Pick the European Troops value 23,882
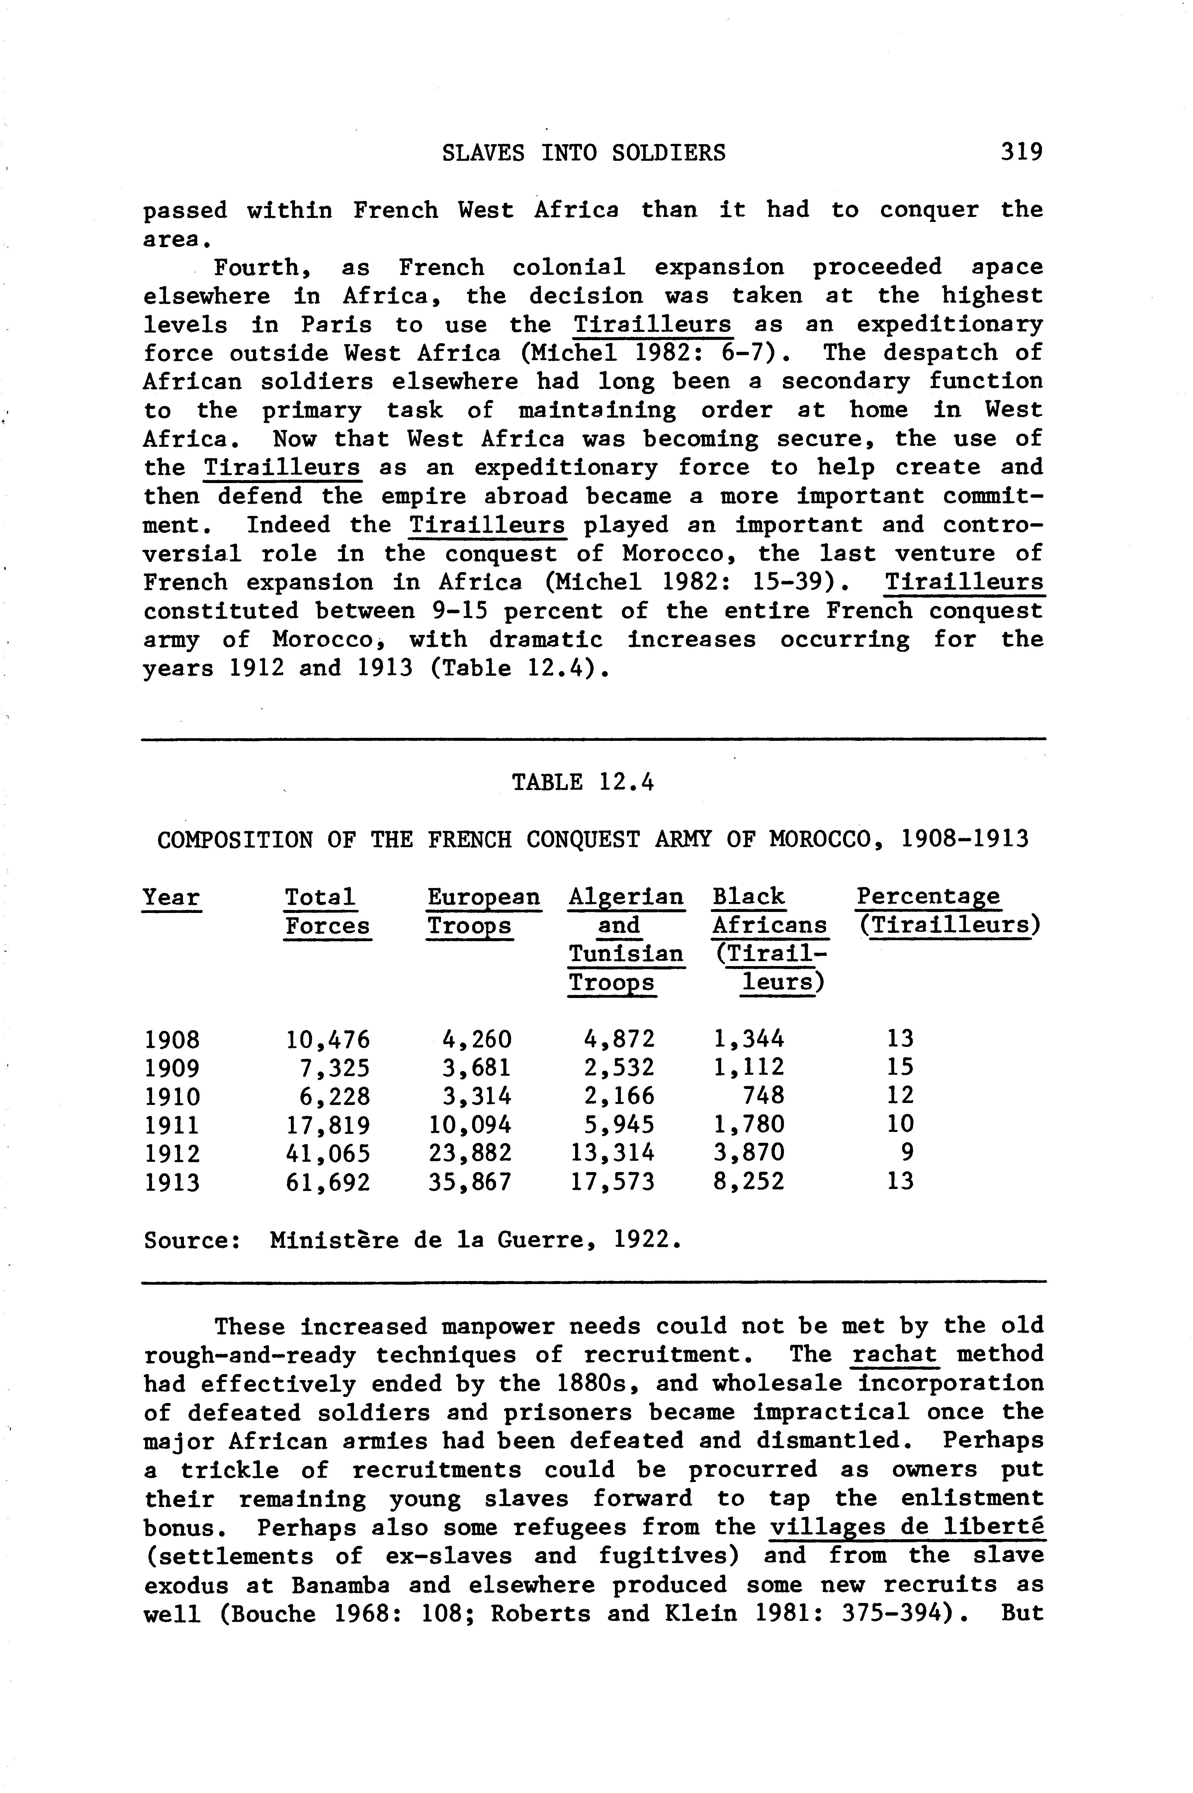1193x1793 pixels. pyautogui.click(x=469, y=1153)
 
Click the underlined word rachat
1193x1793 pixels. pyautogui.click(x=895, y=1355)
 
